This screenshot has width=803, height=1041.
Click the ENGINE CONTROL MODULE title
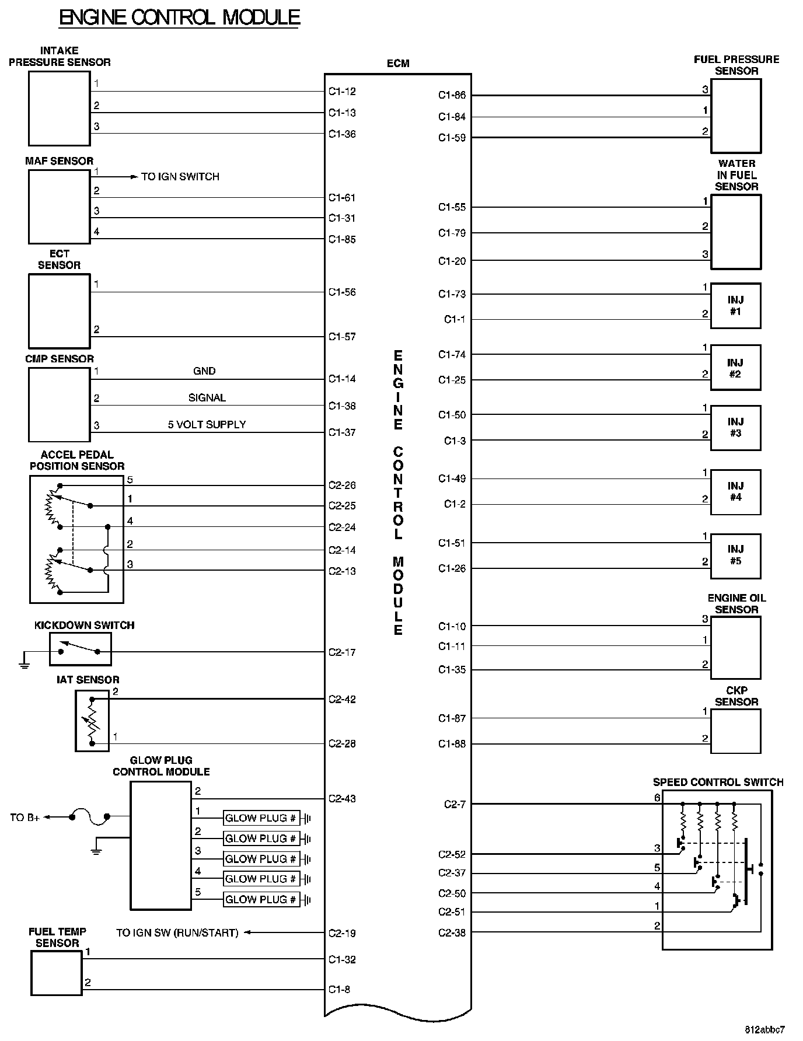tap(180, 18)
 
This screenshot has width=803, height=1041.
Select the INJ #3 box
tap(735, 428)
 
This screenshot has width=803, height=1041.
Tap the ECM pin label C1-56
tap(342, 292)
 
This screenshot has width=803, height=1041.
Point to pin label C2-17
tap(342, 652)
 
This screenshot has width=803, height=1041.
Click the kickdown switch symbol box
tap(80, 649)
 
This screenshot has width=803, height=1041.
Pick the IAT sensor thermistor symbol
tap(92, 721)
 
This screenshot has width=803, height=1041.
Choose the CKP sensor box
tap(735, 731)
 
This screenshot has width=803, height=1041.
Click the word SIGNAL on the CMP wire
tap(207, 398)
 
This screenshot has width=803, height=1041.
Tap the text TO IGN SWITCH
tap(180, 176)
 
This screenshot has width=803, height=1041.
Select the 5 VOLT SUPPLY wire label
tap(207, 425)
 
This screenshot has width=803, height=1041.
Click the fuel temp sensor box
tap(56, 973)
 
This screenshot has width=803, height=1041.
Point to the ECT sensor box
tap(59, 311)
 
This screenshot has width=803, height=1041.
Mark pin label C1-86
tap(452, 95)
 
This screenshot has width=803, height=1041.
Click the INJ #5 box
tap(735, 556)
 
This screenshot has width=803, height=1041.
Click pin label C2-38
tap(452, 933)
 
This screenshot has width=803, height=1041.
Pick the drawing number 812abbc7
tap(764, 1029)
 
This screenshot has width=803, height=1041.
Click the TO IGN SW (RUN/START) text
tap(177, 933)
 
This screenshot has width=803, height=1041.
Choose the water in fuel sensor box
tap(735, 232)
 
